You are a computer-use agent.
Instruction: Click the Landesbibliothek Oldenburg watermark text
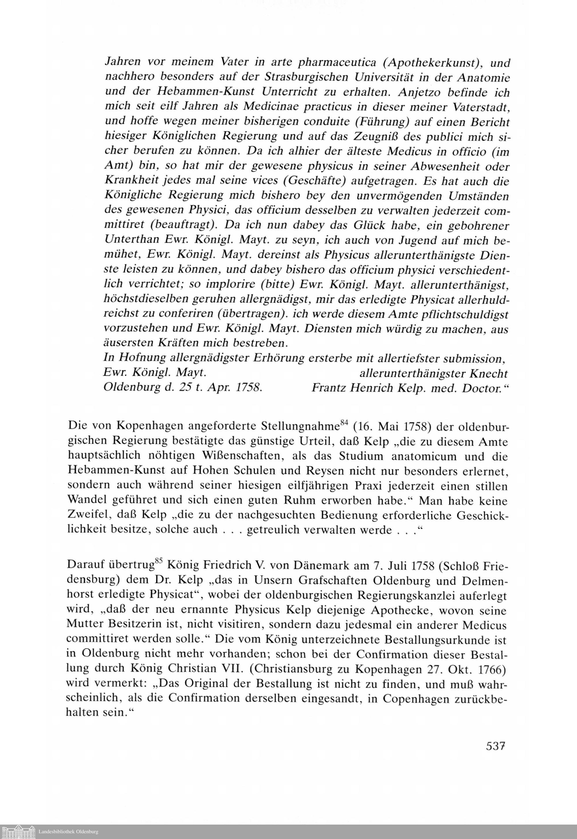tap(68, 832)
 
